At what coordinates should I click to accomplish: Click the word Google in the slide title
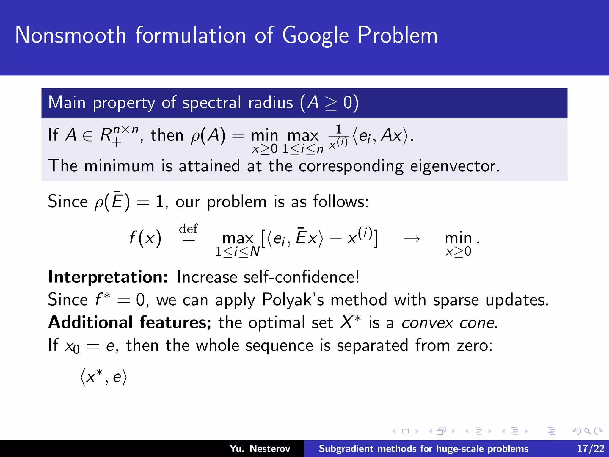pos(315,36)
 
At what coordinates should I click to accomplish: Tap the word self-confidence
pos(301,277)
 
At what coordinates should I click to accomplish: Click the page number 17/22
pos(591,448)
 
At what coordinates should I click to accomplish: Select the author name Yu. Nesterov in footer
pos(260,448)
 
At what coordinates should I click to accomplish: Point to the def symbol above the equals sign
pos(188,229)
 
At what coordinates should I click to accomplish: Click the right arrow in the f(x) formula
pos(412,238)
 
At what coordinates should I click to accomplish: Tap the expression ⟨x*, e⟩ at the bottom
pos(103,377)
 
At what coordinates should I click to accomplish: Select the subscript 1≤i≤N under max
pos(237,252)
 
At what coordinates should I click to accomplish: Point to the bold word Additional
pos(90,323)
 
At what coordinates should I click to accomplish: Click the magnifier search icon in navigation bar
pos(587,431)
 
